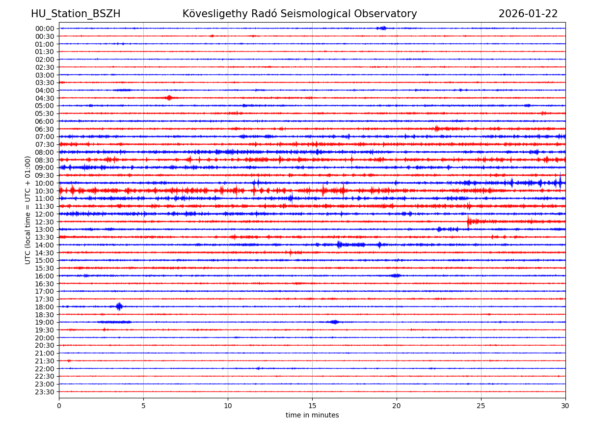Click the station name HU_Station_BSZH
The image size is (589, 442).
(76, 14)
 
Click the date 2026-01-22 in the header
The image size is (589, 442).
(528, 14)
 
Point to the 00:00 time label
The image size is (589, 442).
(45, 28)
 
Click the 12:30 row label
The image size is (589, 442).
(45, 222)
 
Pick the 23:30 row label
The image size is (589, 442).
(45, 392)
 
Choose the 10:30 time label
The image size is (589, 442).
(45, 191)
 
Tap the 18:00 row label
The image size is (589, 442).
(45, 307)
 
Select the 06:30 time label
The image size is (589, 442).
(45, 129)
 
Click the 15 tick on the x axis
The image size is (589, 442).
(312, 406)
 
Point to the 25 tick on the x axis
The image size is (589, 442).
(481, 406)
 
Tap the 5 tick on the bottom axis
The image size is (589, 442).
(143, 406)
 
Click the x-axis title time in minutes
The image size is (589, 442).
(312, 415)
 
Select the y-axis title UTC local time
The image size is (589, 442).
(28, 210)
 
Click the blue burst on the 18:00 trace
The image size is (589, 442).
(119, 306)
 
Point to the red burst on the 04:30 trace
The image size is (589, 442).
(169, 98)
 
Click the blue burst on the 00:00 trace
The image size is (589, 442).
(382, 28)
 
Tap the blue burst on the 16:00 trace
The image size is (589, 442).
(396, 276)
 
